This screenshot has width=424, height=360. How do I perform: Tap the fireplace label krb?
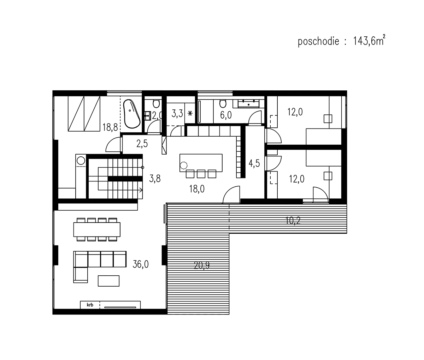(x=90, y=305)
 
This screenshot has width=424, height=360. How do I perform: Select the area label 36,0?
(x=141, y=264)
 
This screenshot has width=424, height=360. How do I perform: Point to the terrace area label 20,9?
(x=202, y=265)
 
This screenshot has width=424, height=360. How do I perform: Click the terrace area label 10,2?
(x=293, y=221)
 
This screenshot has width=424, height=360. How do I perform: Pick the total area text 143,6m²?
(x=369, y=41)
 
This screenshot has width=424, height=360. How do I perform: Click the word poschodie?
(x=318, y=42)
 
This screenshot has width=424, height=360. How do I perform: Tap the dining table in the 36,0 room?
(x=97, y=229)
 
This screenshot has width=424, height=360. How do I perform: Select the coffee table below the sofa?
(x=108, y=281)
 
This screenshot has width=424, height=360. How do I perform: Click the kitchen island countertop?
(x=201, y=163)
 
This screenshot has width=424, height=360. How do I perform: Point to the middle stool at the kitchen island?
(x=201, y=174)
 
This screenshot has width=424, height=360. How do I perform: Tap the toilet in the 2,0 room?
(x=156, y=103)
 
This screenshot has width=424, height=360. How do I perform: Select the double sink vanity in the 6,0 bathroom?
(x=249, y=103)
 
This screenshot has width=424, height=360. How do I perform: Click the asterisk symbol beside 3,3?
(x=190, y=113)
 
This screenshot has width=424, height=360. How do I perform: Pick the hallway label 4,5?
(x=254, y=163)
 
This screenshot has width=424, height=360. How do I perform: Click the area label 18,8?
(x=110, y=127)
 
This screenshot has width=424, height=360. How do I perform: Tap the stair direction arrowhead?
(x=141, y=190)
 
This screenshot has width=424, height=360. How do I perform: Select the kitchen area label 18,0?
(x=197, y=189)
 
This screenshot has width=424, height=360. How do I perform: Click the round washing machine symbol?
(x=81, y=161)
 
